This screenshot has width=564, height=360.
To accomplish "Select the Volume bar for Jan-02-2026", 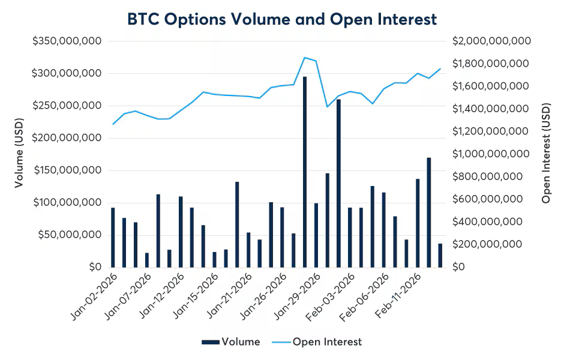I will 113,237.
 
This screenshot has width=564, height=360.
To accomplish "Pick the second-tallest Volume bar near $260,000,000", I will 338,183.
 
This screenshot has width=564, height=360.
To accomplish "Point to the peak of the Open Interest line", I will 305,58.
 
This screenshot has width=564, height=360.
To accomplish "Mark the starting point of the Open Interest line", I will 113,124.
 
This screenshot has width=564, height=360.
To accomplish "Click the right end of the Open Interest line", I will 440,68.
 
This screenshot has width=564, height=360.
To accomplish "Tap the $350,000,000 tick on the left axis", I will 67,41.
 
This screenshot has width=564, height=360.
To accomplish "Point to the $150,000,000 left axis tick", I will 67,170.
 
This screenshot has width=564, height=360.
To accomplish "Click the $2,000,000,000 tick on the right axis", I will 491,41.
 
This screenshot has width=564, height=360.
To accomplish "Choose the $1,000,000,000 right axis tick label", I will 491,154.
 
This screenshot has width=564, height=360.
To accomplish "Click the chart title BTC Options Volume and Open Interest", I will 282,19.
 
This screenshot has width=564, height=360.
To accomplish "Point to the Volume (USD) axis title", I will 20,154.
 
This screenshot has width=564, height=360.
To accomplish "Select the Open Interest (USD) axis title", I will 545,154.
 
